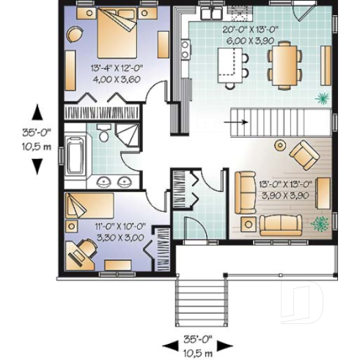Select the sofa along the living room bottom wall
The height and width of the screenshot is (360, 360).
click(x=283, y=224)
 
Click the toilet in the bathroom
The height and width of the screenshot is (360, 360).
click(x=104, y=135)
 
